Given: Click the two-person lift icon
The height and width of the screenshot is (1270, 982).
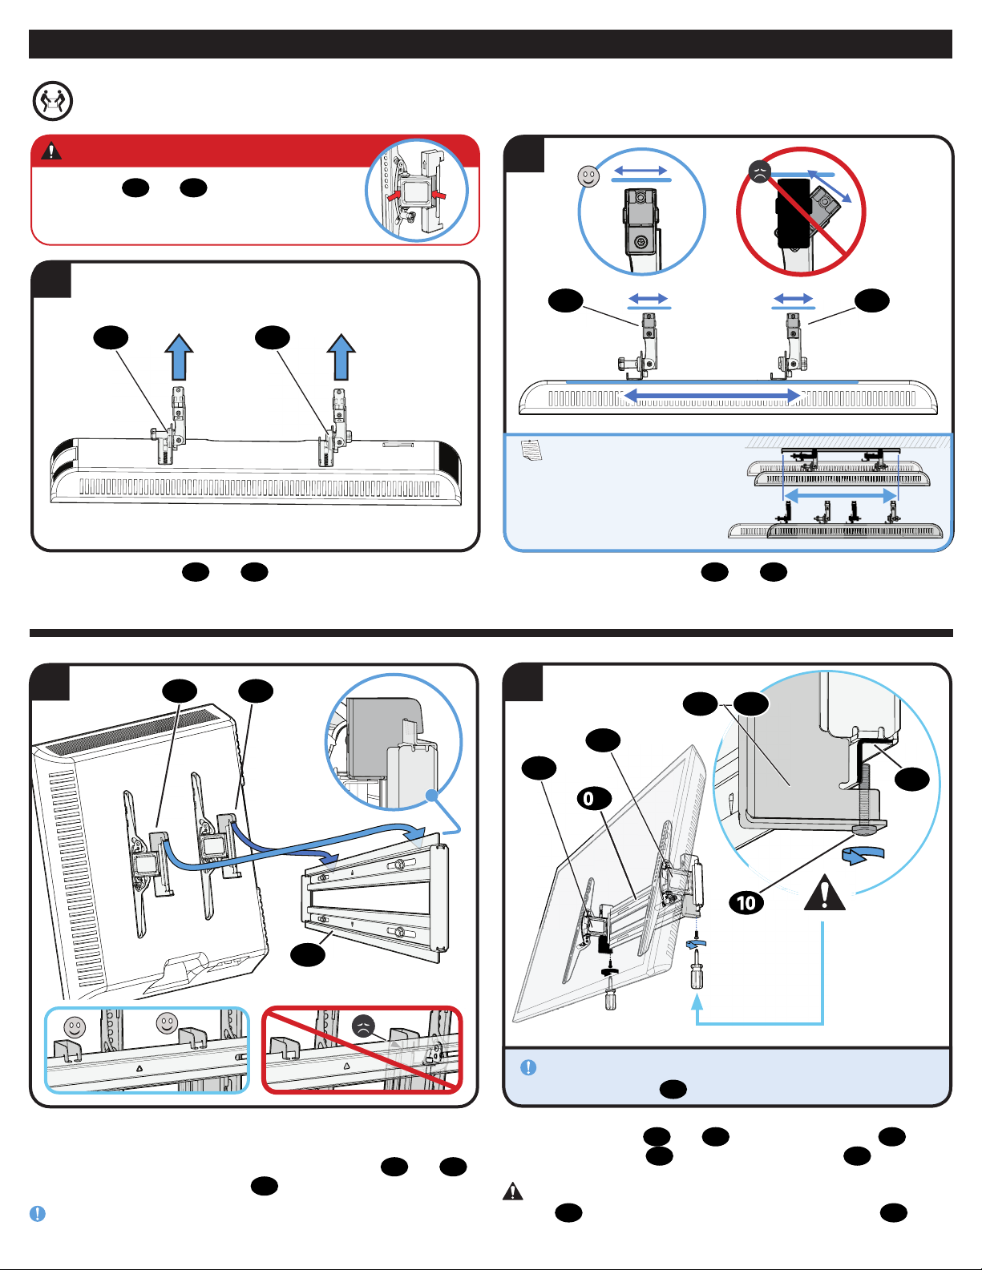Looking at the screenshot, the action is pos(53,101).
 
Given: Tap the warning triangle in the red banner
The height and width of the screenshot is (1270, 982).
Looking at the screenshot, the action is pos(51,151).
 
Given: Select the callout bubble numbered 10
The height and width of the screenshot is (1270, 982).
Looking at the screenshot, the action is pos(746,903).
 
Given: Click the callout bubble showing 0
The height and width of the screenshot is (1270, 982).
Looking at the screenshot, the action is pos(595,798).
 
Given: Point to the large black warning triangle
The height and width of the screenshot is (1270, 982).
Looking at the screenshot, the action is pos(824,893).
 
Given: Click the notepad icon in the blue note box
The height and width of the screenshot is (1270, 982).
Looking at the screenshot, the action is pos(531,450).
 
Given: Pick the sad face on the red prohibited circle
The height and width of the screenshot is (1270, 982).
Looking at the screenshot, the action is pos(760,172).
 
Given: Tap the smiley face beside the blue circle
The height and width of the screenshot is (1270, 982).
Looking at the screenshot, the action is pos(588,176).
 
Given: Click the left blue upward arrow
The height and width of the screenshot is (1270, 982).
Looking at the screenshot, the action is pos(179,357).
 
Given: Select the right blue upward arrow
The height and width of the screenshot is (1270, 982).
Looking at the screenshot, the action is pos(341,357).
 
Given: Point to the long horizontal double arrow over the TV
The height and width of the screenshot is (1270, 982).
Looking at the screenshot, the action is pos(712,396).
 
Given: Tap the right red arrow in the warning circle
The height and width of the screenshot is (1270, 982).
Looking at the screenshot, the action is pos(438,194).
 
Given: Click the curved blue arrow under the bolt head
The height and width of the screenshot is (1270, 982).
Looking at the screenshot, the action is pos(863,856).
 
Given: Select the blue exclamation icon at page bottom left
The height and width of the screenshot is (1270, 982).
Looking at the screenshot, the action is pos(38,1214).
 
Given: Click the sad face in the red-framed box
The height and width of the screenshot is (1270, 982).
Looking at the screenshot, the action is pos(363,1027).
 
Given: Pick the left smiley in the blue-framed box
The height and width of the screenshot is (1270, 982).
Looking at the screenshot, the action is pos(75,1027).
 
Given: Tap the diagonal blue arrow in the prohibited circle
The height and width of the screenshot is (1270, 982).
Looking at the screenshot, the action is pos(830,187).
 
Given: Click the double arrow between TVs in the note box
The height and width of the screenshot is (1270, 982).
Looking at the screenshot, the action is pos(841,496).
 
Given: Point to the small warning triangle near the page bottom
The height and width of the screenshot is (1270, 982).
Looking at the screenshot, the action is pos(512,1191).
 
